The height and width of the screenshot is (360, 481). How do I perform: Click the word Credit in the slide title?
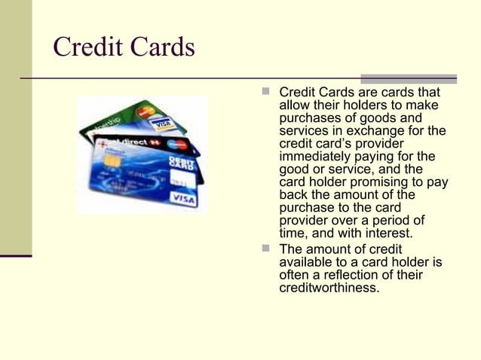[85, 47]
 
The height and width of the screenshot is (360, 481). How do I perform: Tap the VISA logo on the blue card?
[184, 198]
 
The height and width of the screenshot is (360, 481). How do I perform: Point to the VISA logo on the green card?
[160, 122]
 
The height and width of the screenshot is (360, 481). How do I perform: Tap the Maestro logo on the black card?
[177, 144]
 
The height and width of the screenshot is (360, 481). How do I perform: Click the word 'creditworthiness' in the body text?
[329, 287]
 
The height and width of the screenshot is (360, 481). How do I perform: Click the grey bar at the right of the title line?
[408, 78]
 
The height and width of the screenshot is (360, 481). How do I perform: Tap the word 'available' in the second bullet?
[306, 262]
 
